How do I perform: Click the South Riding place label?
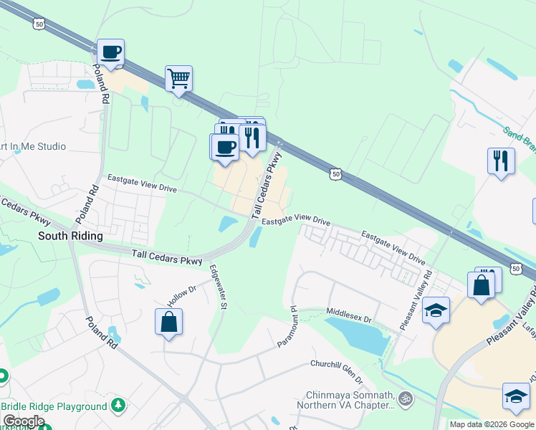coord(70,235)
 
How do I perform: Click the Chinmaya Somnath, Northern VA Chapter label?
coord(350,400)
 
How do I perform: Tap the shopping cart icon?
coord(178,78)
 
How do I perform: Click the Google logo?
coord(24,421)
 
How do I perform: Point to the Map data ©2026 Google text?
coord(491,424)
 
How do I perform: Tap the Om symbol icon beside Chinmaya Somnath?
coord(406,396)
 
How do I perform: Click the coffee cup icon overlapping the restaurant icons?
coord(224,147)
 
